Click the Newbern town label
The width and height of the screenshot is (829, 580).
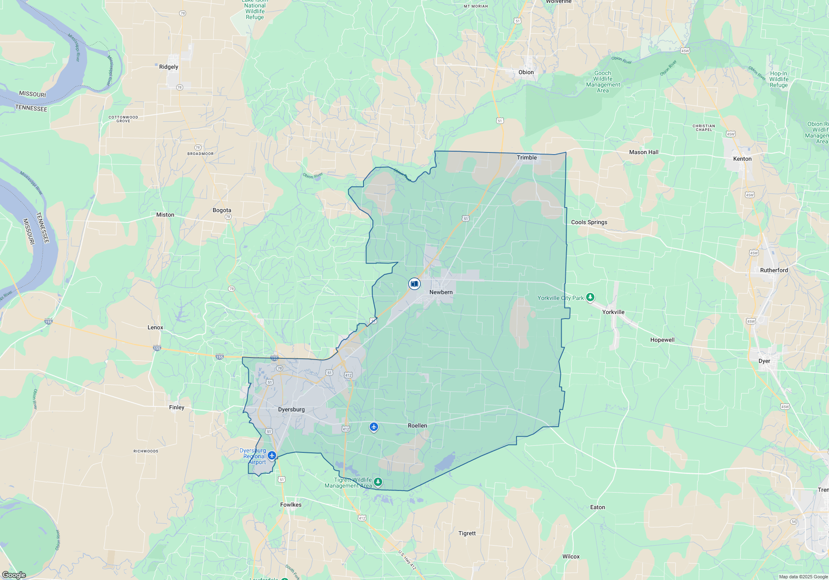(x=441, y=292)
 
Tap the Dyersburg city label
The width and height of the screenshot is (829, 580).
(x=291, y=409)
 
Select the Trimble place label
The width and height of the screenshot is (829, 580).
(x=526, y=157)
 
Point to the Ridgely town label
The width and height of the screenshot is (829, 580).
(x=168, y=67)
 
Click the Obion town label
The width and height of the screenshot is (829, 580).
(x=526, y=72)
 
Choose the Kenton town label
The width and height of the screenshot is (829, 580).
(x=742, y=159)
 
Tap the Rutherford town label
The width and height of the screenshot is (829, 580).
(x=773, y=270)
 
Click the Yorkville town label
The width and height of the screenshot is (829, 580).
(x=613, y=312)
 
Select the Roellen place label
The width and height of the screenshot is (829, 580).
(x=417, y=425)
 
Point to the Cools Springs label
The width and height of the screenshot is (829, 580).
(x=589, y=222)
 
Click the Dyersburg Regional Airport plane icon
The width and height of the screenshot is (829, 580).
(x=272, y=456)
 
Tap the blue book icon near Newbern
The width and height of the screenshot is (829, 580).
(x=414, y=284)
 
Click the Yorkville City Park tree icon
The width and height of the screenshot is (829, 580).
(x=590, y=297)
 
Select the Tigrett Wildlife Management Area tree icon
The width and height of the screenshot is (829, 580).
(x=378, y=482)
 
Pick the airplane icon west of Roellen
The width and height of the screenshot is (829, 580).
(x=374, y=427)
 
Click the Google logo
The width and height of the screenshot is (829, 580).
(x=14, y=575)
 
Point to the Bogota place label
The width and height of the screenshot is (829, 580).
(x=222, y=210)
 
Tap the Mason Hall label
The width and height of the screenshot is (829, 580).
(x=643, y=152)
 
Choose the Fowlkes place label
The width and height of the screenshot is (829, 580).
(x=291, y=505)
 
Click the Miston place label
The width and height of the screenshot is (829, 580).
(x=165, y=215)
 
